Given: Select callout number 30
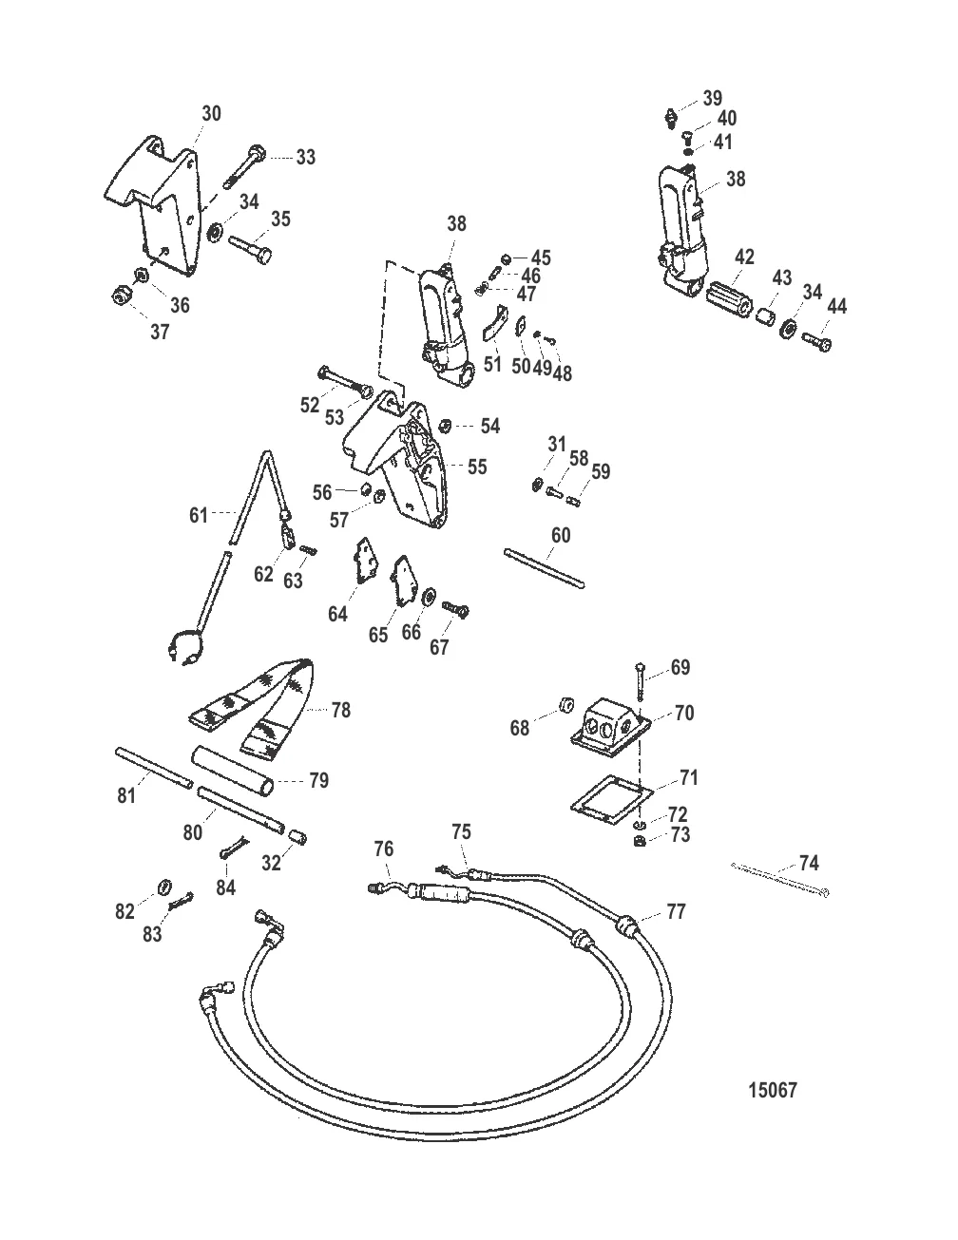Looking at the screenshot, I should click(x=211, y=113).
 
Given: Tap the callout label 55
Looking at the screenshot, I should click(x=477, y=467).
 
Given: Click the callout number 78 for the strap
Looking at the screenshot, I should click(x=340, y=710).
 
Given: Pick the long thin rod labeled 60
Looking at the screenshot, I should click(x=544, y=567).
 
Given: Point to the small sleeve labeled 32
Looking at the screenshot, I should click(x=296, y=837).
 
